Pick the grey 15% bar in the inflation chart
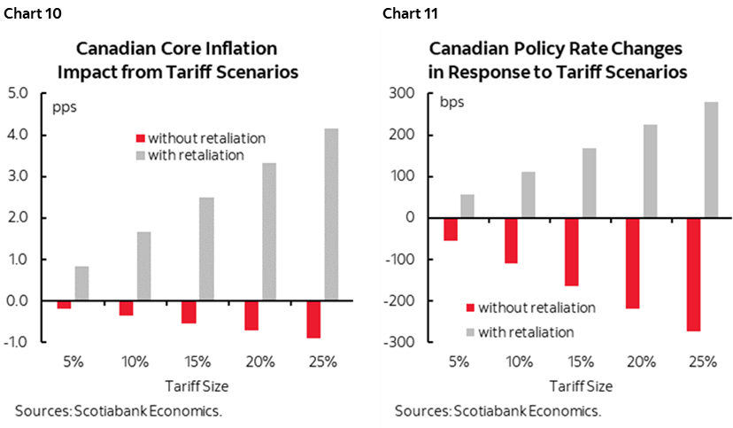[207, 249]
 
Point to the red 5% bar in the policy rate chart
[451, 229]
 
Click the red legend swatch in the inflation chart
[138, 138]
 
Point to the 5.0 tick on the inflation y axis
[19, 93]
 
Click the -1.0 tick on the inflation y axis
[19, 342]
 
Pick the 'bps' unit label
[452, 100]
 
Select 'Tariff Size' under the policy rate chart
[581, 386]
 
